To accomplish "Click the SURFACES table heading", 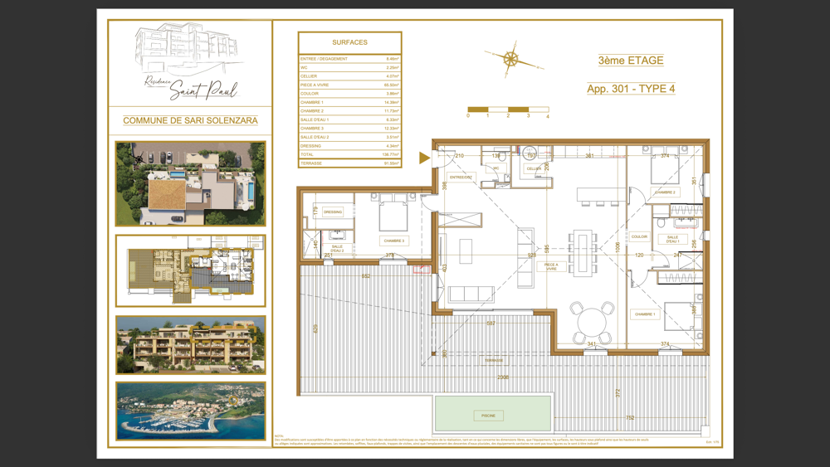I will (x=349, y=42).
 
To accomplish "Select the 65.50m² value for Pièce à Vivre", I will (x=391, y=85).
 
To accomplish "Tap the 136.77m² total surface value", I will (x=390, y=154).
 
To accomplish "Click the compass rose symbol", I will (x=511, y=59).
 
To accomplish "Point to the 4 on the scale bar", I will (x=548, y=116).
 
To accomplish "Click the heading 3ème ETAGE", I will (x=630, y=61).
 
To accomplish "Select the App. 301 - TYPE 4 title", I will (x=630, y=89).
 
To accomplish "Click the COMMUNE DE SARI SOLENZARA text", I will (x=190, y=120).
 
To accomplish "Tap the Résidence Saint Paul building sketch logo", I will (x=190, y=61).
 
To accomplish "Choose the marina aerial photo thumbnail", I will (x=190, y=411).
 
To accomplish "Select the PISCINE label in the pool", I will (x=488, y=416).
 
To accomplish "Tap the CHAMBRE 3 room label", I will (x=394, y=241).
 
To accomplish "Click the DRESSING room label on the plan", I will (x=333, y=212).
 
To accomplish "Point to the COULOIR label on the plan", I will (x=639, y=237).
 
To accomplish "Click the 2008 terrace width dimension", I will (x=503, y=377).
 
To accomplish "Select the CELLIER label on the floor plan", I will (x=534, y=169).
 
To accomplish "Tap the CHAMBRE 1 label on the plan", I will (x=645, y=314).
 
